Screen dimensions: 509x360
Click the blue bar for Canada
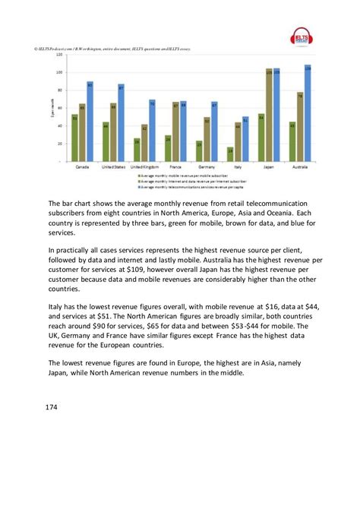pos(90,122)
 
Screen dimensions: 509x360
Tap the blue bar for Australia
pos(308,113)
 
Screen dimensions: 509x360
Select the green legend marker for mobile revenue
pos(139,174)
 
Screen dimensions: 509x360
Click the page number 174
pos(57,406)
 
